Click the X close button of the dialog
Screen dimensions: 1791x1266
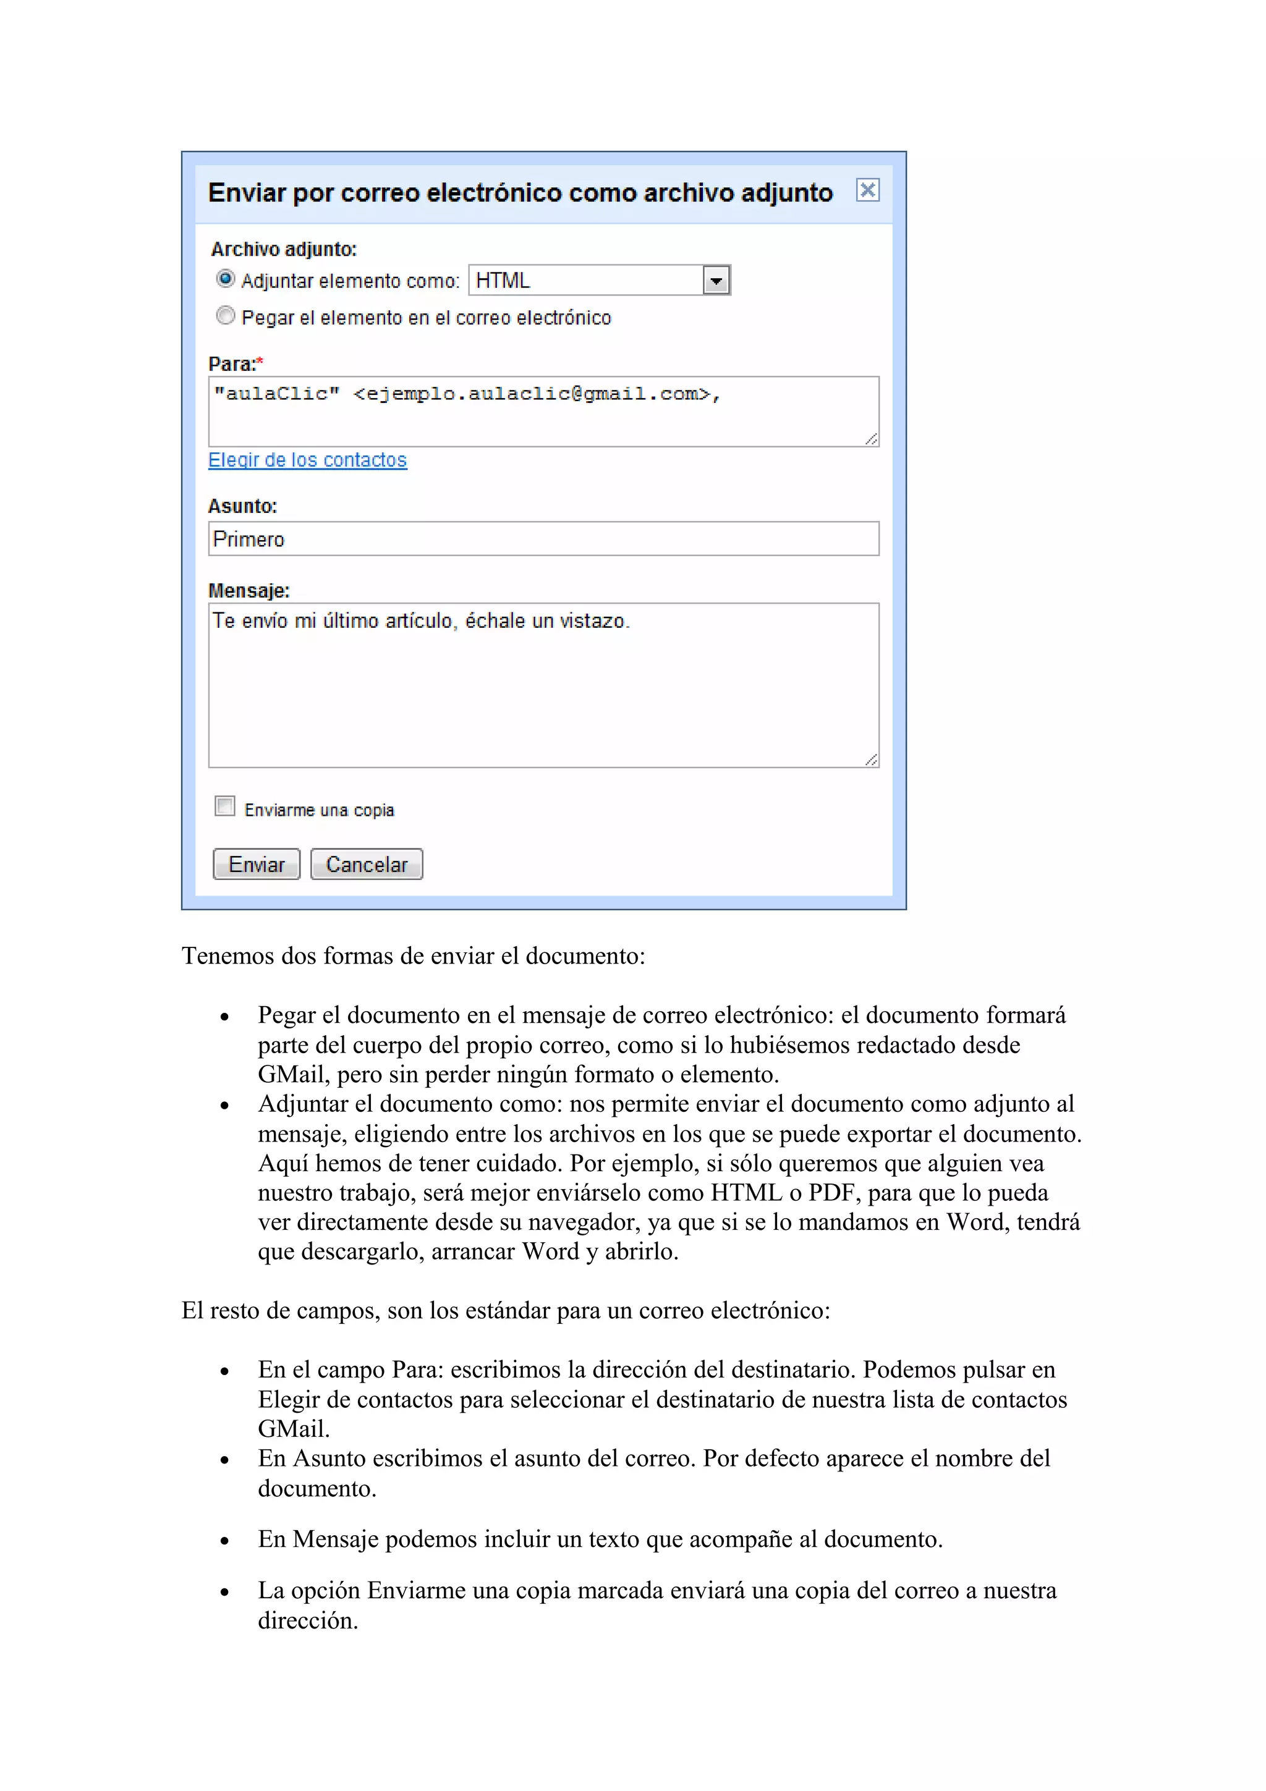coord(867,190)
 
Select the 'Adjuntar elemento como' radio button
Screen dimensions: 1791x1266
coord(226,279)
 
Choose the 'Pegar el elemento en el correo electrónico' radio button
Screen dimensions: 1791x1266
coord(226,316)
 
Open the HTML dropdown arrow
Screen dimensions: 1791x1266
coord(715,281)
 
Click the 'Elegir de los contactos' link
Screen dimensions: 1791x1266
coord(307,460)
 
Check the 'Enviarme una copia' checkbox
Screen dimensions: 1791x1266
coord(224,807)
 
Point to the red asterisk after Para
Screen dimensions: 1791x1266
coord(260,361)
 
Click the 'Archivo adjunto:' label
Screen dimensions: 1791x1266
coord(283,250)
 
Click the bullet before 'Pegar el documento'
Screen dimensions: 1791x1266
coord(224,1017)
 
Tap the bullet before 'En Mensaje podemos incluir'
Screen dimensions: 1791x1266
coord(224,1541)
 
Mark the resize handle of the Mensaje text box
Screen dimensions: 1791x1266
coord(871,760)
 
